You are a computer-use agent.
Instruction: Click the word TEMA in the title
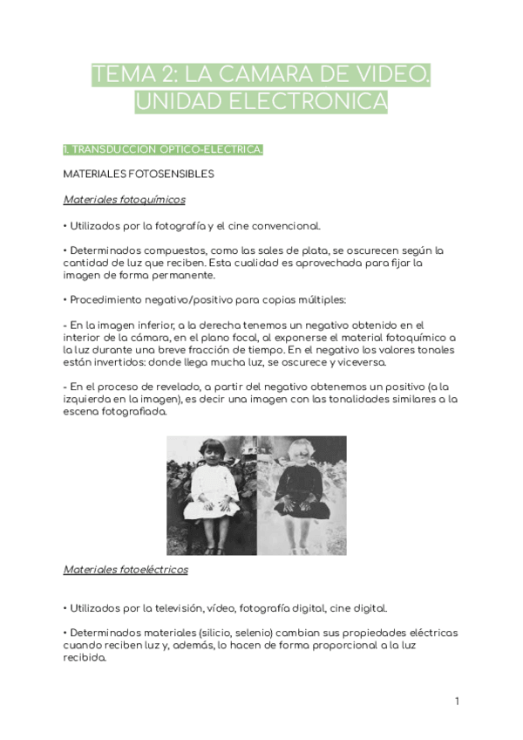[x=120, y=75]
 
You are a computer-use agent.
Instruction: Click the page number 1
[x=457, y=701]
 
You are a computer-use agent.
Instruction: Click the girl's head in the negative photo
[x=302, y=457]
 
